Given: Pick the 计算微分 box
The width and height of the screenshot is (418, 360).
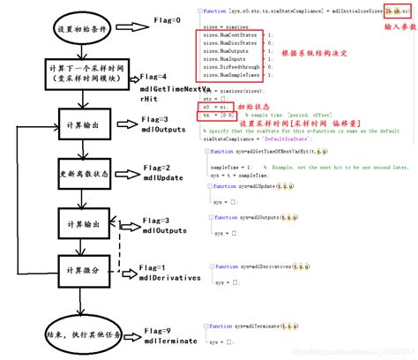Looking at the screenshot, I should (x=85, y=267).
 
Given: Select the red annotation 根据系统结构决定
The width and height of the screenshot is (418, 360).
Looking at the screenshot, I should (x=320, y=53).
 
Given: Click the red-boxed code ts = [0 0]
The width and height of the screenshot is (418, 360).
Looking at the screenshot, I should (x=220, y=115).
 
